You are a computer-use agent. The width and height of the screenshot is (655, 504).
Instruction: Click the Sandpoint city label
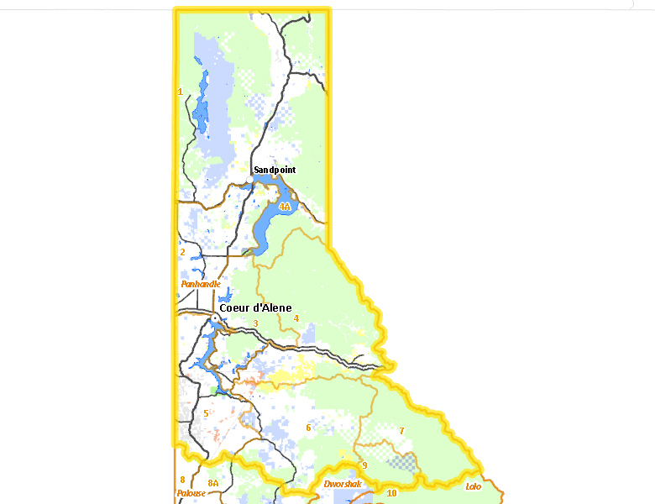(275, 170)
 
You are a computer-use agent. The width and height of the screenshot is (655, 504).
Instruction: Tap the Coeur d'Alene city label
(255, 307)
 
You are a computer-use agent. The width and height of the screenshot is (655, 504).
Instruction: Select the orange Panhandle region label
(201, 284)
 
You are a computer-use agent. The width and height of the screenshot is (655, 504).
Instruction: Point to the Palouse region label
(191, 493)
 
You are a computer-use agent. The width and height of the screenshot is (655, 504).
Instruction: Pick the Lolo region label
(473, 486)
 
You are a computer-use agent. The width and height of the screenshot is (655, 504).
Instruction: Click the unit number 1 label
(181, 92)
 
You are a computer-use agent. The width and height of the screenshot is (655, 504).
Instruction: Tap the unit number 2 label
(182, 251)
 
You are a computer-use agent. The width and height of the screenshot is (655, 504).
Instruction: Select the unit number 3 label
(255, 323)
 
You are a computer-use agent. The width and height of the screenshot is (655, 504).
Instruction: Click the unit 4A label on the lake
(285, 206)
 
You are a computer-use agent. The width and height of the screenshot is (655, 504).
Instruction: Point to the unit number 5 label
(206, 413)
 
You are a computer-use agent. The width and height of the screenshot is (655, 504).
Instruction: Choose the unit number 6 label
(308, 428)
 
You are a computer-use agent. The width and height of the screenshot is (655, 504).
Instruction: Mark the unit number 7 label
(401, 431)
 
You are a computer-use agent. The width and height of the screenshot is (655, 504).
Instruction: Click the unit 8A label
(213, 483)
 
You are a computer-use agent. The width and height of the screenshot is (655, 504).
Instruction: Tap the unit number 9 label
(364, 465)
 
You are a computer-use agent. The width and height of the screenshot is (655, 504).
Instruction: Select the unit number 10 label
(391, 493)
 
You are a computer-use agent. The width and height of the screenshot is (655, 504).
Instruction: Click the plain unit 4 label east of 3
(296, 318)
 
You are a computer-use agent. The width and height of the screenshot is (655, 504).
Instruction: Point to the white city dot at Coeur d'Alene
(214, 317)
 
